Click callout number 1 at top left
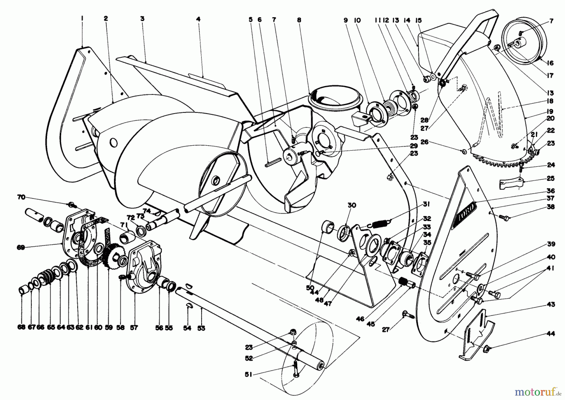[82, 19]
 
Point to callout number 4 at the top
[198, 19]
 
